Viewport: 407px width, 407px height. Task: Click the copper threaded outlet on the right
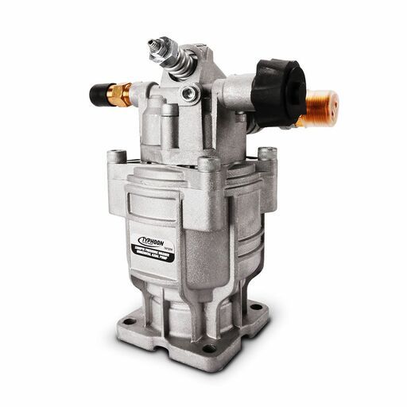click(321, 108)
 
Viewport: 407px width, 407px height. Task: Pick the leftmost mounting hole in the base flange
click(128, 321)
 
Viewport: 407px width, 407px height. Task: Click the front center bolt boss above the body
click(208, 165)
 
